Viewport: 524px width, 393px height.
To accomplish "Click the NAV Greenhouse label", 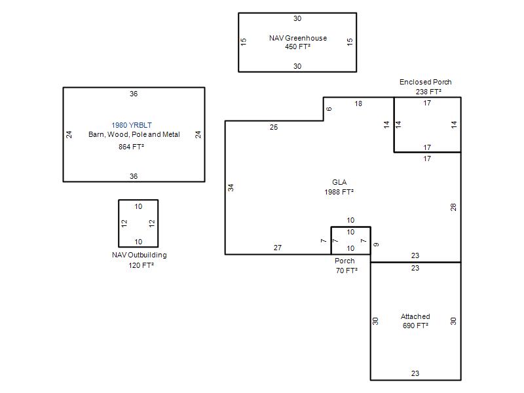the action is [298, 38].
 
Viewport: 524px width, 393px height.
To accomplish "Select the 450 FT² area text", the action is [297, 47].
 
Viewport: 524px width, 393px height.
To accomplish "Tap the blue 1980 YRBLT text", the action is [132, 125].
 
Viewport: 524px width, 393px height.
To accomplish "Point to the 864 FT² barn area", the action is [131, 147].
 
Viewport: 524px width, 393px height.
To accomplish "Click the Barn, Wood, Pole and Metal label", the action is [134, 134].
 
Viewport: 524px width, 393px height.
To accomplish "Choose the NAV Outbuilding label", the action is [140, 255].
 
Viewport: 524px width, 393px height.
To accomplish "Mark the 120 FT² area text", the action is [141, 265].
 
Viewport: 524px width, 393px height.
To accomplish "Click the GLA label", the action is [339, 182].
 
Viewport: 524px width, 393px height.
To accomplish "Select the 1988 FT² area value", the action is [339, 192].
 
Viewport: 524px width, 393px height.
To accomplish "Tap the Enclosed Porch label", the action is [425, 82].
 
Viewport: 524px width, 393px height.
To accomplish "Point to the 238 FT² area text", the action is [428, 92].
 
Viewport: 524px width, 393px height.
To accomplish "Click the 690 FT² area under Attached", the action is [415, 326].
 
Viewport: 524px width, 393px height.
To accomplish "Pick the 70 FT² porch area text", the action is [346, 271].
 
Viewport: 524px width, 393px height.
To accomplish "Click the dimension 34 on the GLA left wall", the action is [231, 188].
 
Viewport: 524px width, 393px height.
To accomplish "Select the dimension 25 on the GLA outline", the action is [274, 127].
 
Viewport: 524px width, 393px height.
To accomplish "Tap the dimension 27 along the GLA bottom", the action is [278, 248].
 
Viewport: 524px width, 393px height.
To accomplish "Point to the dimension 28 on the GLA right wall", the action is [453, 207].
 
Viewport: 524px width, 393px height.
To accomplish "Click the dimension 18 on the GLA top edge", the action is [358, 103].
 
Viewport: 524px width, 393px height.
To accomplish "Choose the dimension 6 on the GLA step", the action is [329, 109].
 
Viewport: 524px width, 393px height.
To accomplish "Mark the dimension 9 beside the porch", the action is [376, 244].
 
